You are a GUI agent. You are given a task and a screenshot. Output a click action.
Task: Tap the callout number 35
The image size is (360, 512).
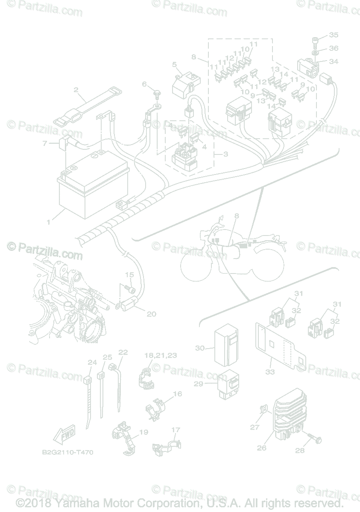[334, 35]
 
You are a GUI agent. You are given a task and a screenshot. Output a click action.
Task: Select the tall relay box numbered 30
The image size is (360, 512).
[226, 344]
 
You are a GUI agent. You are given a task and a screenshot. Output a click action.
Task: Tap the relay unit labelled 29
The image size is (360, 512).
[228, 385]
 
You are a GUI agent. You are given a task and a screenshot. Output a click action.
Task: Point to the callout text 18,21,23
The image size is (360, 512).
[161, 355]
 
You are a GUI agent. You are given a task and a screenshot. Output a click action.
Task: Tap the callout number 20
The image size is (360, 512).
[151, 314]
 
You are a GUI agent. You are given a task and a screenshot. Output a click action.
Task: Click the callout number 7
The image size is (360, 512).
[45, 144]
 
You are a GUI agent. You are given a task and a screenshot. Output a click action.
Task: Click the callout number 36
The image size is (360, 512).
[334, 48]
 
